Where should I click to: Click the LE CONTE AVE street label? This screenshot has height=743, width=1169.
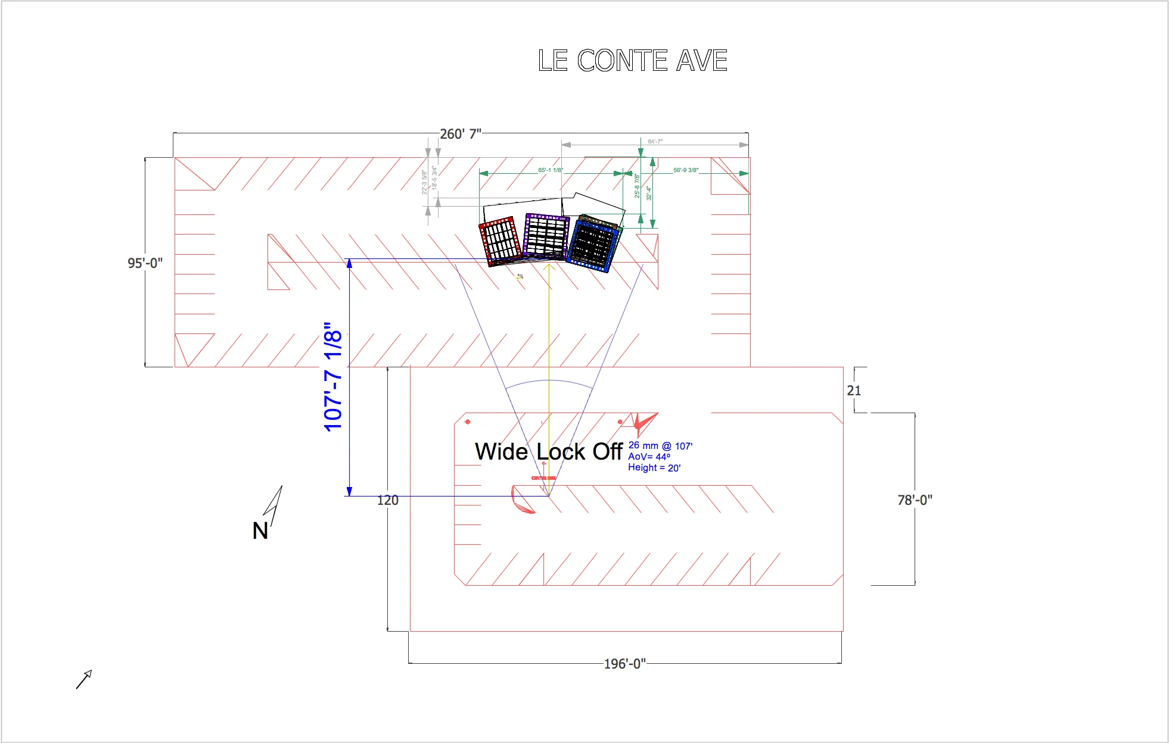tap(632, 61)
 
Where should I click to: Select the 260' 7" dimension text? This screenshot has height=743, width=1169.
tap(460, 134)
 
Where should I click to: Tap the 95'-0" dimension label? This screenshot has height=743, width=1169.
tap(145, 263)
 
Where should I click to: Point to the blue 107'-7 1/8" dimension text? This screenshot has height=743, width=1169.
tap(333, 377)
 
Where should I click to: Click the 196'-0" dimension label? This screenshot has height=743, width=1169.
tap(624, 664)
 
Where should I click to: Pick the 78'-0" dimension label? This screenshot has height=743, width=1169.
tap(915, 500)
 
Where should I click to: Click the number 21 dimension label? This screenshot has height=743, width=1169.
tap(854, 391)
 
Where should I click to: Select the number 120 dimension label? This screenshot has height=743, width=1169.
tap(387, 500)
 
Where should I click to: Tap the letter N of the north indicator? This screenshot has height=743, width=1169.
tap(260, 530)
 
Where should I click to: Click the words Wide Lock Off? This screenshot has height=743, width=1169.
tap(548, 452)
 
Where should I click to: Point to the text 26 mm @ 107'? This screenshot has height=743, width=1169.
tap(660, 446)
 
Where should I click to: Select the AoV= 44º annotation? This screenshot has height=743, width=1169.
tap(649, 457)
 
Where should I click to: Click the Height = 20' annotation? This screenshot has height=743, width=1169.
tap(654, 468)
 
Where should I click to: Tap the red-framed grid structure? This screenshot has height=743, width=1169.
tap(500, 241)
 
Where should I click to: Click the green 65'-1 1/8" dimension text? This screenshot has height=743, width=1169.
tap(550, 170)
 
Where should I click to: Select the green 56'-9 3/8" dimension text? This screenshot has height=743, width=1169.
tap(686, 170)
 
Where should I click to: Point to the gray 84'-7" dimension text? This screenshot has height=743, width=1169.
tap(655, 142)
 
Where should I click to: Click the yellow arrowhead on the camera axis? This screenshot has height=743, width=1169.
tap(549, 267)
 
